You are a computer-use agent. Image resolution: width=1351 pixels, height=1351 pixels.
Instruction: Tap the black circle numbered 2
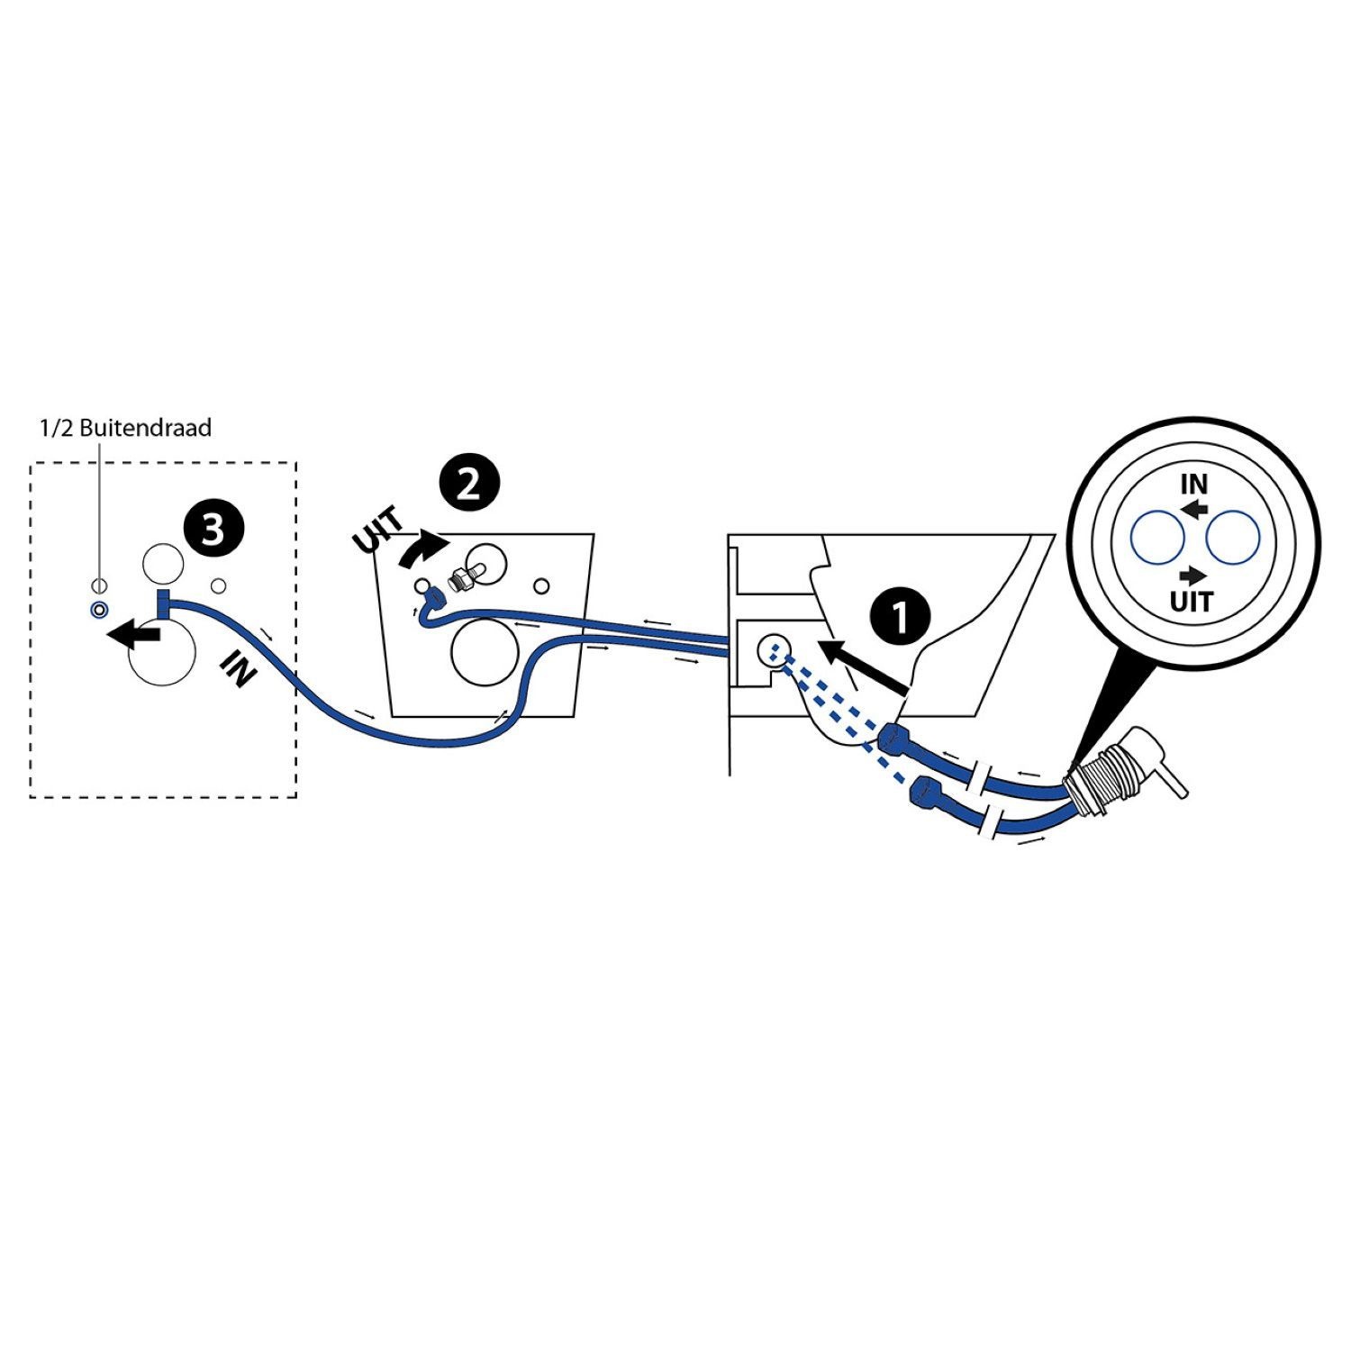click(x=468, y=485)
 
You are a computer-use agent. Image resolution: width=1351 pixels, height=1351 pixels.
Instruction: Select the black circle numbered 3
click(x=212, y=530)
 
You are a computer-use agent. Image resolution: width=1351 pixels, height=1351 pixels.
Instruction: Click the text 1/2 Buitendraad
click(x=125, y=427)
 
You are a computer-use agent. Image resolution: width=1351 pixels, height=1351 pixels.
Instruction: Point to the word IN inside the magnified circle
click(x=1193, y=485)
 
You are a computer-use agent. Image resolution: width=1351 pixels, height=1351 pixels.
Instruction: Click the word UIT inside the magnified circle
click(x=1192, y=601)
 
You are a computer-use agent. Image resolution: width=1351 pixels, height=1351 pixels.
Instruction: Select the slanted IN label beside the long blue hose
click(x=236, y=669)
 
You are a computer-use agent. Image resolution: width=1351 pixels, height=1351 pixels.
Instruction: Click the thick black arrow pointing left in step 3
click(x=133, y=635)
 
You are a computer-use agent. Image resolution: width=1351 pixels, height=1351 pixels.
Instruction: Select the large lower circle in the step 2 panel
click(x=485, y=651)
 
